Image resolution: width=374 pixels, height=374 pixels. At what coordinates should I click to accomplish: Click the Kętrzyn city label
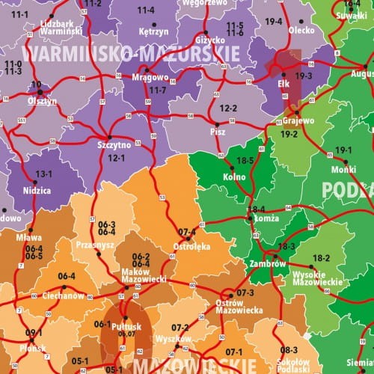pyautogui.click(x=153, y=32)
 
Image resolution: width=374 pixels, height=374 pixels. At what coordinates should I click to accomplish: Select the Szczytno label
pyautogui.click(x=114, y=145)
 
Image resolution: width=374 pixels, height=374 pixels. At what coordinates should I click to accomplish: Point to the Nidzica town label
pyautogui.click(x=37, y=191)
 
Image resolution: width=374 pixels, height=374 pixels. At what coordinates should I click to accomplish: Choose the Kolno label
pyautogui.click(x=234, y=177)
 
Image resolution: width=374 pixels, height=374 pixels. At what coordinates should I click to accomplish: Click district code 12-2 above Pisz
pyautogui.click(x=227, y=109)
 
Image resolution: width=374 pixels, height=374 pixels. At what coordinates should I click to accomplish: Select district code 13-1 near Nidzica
pyautogui.click(x=44, y=174)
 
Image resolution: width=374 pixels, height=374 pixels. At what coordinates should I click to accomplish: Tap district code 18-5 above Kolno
pyautogui.click(x=245, y=161)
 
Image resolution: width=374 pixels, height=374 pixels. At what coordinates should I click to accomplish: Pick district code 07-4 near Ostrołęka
pyautogui.click(x=188, y=231)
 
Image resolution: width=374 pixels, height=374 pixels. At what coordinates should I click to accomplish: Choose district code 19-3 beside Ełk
pyautogui.click(x=304, y=76)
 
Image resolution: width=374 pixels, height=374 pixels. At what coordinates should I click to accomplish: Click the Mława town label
pyautogui.click(x=29, y=239)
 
